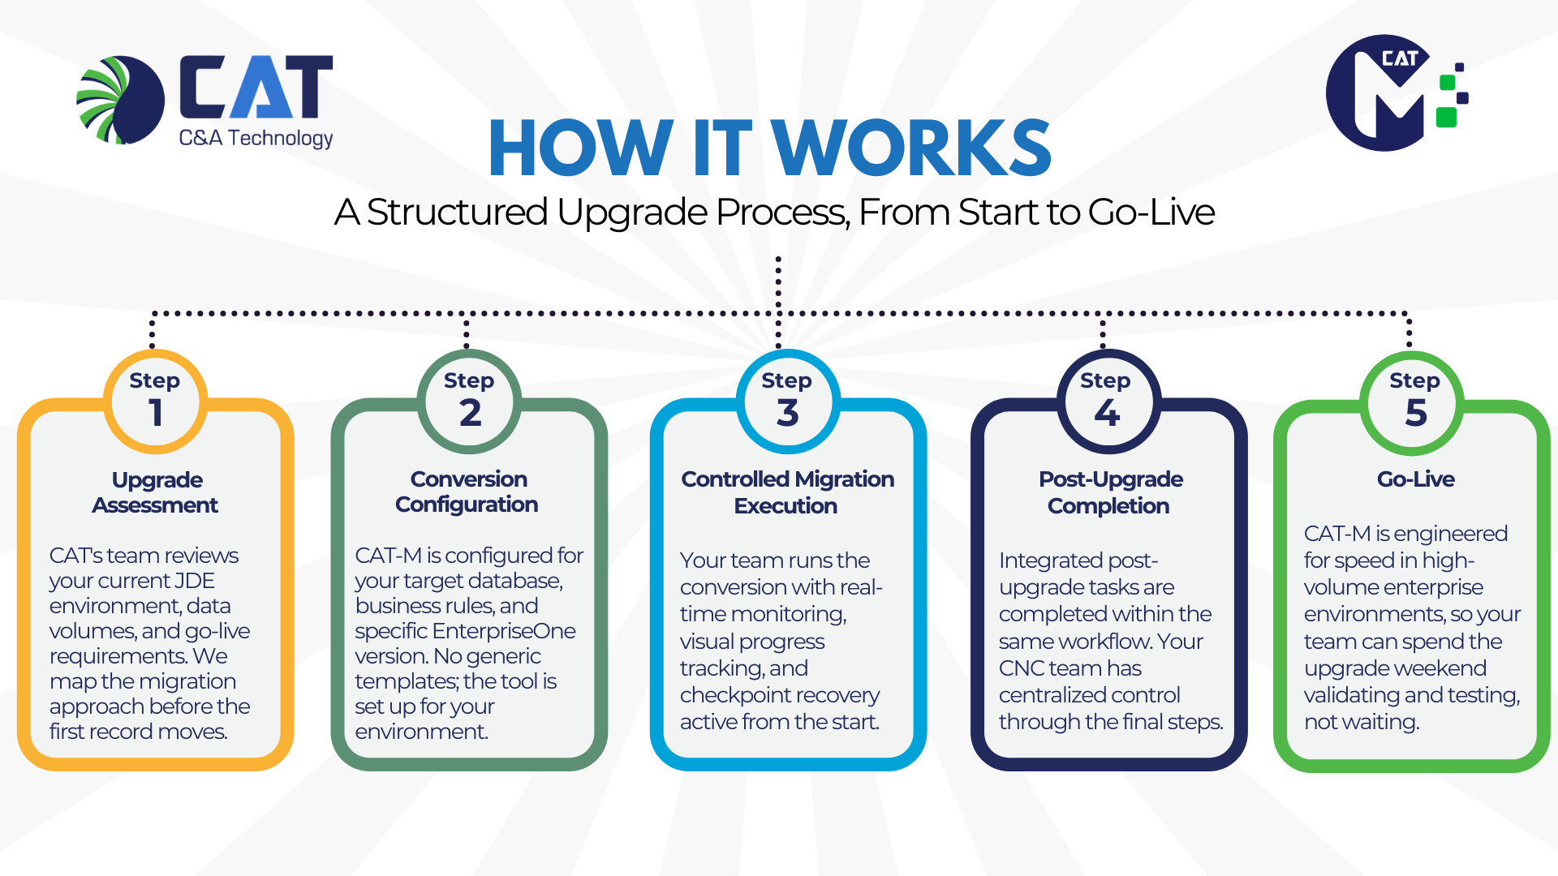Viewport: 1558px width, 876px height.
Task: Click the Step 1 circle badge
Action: point(155,401)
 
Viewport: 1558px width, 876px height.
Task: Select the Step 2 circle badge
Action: point(469,401)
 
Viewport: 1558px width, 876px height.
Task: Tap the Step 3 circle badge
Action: point(787,401)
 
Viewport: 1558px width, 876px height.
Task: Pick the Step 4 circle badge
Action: point(1108,401)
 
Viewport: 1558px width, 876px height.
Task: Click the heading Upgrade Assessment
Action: point(156,492)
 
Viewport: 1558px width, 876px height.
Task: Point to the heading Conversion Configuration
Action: point(468,492)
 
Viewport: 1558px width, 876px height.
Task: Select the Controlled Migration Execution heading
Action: point(787,492)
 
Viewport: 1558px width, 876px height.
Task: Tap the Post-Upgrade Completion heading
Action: point(1110,492)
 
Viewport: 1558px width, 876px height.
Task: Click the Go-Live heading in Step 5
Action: point(1416,479)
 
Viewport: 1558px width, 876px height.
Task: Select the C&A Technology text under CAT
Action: point(256,139)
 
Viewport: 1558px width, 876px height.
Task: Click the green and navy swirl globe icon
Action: point(121,100)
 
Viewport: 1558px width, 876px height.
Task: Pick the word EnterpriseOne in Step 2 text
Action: point(504,631)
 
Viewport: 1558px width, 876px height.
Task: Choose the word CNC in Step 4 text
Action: point(1022,668)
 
